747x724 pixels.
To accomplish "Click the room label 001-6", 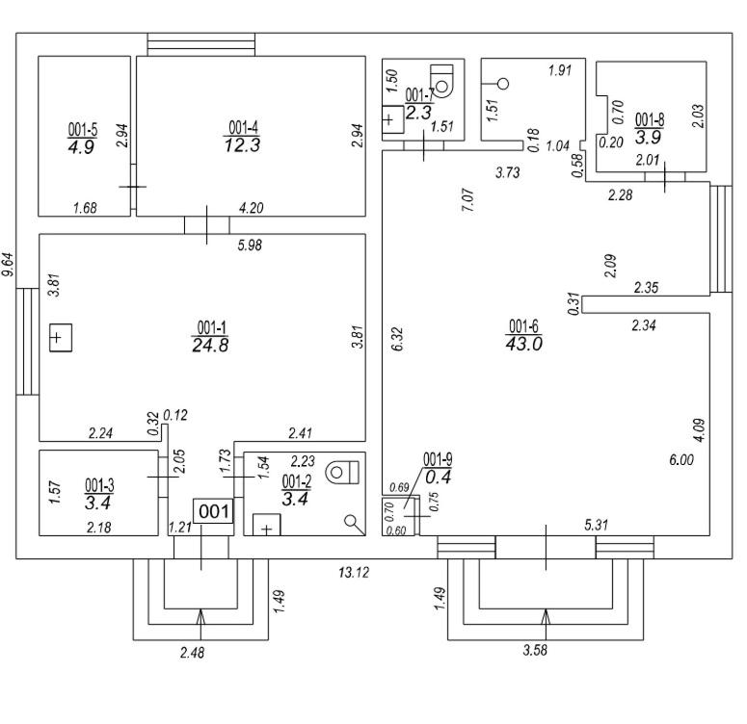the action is click(523, 326).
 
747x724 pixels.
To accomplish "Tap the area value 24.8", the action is click(210, 345).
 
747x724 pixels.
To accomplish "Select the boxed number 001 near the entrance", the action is click(214, 511).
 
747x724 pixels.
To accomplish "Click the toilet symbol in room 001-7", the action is click(441, 80).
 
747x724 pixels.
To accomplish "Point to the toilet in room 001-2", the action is click(342, 472).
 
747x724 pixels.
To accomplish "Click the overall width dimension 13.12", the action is click(354, 572).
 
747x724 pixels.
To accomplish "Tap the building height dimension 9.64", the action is click(8, 265).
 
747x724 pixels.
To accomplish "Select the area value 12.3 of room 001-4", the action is click(242, 145).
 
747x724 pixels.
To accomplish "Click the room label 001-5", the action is click(83, 129).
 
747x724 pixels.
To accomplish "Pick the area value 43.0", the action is click(523, 344).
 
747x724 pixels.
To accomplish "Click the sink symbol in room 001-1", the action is click(61, 338).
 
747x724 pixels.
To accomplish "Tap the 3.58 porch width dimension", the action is click(535, 650).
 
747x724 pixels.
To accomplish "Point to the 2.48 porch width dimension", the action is click(192, 652).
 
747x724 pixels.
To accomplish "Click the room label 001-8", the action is click(650, 119).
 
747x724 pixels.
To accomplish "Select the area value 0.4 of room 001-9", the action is click(438, 477).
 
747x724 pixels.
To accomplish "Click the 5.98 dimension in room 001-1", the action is click(250, 245).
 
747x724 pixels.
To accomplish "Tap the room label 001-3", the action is click(99, 485).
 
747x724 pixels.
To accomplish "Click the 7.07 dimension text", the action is click(467, 200).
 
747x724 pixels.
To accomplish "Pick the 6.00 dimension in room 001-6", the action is click(681, 460).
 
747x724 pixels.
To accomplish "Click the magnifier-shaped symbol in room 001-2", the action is click(354, 525).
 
